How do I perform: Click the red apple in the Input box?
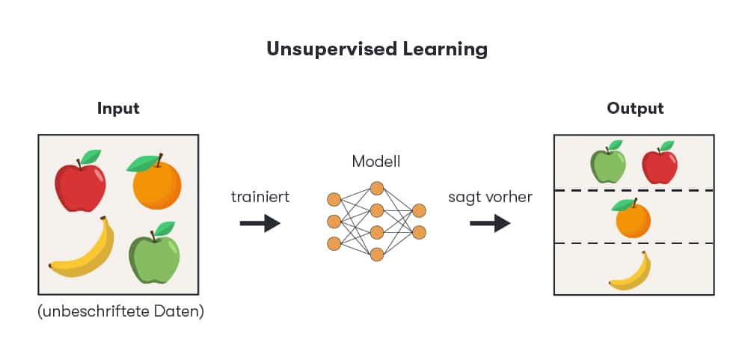[x=80, y=186]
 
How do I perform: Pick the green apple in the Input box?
[x=154, y=257]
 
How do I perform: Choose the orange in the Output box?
[x=633, y=219]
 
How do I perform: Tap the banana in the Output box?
[x=631, y=272]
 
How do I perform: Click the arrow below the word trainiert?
[x=260, y=223]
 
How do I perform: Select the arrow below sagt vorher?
[x=490, y=223]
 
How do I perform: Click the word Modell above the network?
[x=376, y=161]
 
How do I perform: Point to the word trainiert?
[x=260, y=198]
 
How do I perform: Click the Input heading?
[x=118, y=109]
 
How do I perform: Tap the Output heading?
[x=635, y=109]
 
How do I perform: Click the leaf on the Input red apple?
[x=91, y=156]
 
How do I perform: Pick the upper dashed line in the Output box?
[x=634, y=191]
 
